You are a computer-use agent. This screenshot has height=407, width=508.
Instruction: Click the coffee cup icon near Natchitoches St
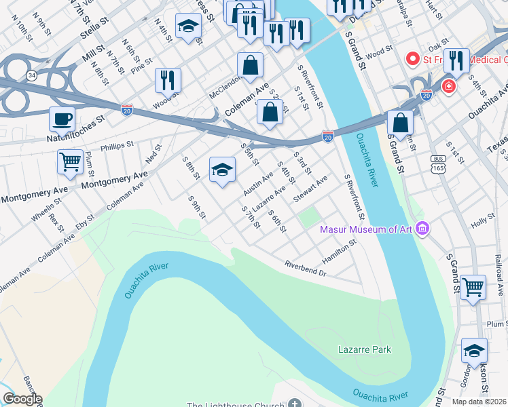tap(62, 119)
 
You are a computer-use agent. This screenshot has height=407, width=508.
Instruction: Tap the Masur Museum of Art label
tap(367, 229)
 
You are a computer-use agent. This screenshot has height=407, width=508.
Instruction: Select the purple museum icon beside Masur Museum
tap(423, 229)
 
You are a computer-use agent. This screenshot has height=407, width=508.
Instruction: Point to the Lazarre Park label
tap(365, 349)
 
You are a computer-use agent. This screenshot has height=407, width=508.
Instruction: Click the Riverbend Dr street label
tap(306, 269)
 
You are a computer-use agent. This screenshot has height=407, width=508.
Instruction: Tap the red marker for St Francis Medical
tap(412, 59)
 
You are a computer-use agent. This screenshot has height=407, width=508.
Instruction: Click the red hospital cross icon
tap(448, 87)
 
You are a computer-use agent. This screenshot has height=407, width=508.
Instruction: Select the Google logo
tap(22, 399)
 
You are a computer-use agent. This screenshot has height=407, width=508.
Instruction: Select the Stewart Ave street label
tap(311, 189)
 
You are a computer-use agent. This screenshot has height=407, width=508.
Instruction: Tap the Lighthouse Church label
tap(236, 405)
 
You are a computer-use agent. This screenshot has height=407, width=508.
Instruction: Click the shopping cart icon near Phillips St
tap(71, 161)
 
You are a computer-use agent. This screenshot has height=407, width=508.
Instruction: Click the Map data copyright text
tap(478, 401)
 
